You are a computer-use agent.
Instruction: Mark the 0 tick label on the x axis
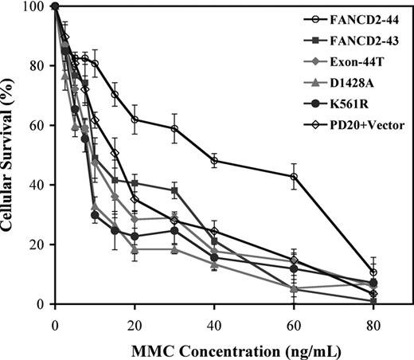coord(55,319)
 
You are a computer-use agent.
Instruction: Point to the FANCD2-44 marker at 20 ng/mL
coord(135,119)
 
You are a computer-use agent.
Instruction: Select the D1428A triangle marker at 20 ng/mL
coord(135,249)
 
